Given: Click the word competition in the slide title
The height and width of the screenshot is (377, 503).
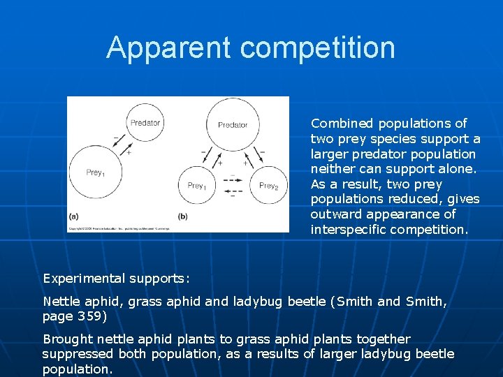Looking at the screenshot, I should click(x=318, y=48).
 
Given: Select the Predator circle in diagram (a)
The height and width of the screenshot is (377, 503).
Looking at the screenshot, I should click(x=145, y=123).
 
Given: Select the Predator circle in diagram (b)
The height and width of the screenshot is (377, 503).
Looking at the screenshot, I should click(x=233, y=124).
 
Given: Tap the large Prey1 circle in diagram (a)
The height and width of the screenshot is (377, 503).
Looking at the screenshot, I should click(x=95, y=172).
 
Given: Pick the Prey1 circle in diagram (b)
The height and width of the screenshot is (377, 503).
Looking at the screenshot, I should click(x=197, y=186).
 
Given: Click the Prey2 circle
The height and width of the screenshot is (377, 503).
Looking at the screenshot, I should click(x=268, y=186).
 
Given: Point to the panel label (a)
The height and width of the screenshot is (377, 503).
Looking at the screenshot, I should click(x=73, y=216).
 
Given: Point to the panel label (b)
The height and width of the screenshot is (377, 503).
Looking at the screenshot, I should click(x=183, y=216).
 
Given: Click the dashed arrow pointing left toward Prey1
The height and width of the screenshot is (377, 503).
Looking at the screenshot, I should click(x=233, y=191).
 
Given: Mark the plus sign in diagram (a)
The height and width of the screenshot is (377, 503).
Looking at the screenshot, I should click(x=129, y=151).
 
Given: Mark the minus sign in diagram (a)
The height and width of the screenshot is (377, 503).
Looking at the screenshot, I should click(x=115, y=138).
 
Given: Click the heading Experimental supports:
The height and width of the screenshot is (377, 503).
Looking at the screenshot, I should click(x=116, y=279).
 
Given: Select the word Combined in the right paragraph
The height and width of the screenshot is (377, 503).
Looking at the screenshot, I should click(x=342, y=124).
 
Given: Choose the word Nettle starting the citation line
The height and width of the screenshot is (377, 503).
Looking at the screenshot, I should click(x=61, y=302).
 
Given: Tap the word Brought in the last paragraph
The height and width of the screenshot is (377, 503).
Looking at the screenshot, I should click(x=66, y=339).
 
